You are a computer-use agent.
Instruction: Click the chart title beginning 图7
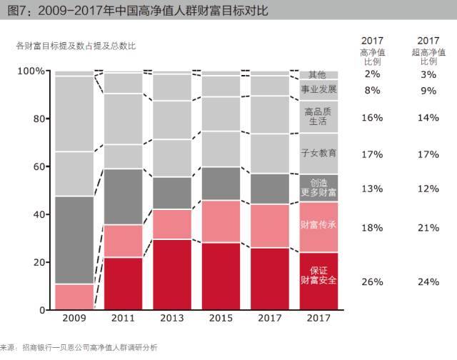[138, 11]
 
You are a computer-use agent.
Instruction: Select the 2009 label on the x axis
[74, 318]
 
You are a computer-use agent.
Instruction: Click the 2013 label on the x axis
[172, 318]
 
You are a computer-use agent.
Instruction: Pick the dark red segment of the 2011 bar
[124, 284]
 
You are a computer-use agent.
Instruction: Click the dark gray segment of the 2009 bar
[74, 240]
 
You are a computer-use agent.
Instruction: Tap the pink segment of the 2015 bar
[221, 221]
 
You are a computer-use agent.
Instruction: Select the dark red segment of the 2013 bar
[172, 274]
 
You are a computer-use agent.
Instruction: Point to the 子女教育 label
[318, 153]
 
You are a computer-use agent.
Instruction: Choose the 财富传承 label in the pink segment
[318, 224]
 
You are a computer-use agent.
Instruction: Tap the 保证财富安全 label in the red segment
[318, 275]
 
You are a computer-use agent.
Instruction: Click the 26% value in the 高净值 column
[372, 282]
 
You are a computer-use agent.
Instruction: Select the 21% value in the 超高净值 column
[428, 228]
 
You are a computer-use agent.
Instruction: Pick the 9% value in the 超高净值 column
[428, 91]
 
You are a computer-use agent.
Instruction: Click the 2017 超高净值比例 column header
[428, 51]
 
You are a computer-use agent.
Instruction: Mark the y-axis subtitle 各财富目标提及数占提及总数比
[76, 46]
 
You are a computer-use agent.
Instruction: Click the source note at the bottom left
[79, 347]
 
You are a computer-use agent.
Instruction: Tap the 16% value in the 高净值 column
[372, 117]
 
